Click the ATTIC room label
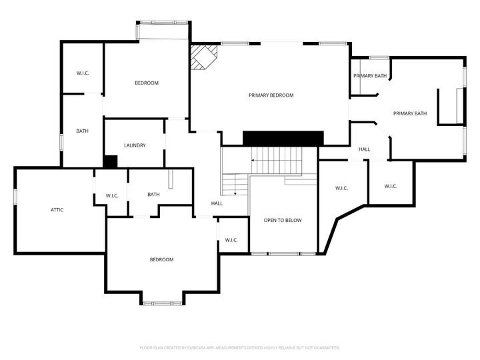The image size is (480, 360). [57, 210]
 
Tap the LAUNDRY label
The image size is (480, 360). [135, 145]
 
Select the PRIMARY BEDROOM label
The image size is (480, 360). [271, 95]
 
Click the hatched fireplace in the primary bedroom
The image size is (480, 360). [203, 57]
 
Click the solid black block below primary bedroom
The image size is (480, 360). [283, 138]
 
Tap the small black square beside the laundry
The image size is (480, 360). [111, 161]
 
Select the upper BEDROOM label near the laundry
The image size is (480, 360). [147, 83]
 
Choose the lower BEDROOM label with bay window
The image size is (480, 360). [161, 259]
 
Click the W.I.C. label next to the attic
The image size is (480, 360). [112, 195]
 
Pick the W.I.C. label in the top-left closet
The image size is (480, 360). [83, 73]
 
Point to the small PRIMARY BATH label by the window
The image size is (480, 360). [370, 76]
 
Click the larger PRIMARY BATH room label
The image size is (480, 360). [409, 113]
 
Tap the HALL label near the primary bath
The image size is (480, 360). [364, 149]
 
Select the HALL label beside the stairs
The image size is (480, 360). [217, 203]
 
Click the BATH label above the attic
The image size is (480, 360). [82, 131]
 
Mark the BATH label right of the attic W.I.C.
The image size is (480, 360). [153, 195]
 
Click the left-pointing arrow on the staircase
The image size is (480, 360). [254, 160]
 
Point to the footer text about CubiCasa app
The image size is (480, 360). [240, 347]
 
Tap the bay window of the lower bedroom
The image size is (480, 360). [163, 303]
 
